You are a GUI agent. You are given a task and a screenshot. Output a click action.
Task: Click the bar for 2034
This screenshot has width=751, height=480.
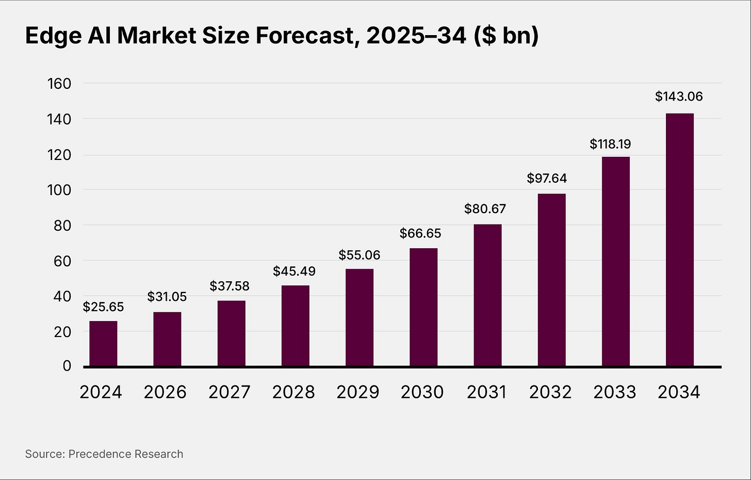click(679, 240)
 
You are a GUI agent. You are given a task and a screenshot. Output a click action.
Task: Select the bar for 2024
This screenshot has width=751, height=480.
click(103, 344)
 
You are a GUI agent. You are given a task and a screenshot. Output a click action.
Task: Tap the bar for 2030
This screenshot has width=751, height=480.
click(423, 308)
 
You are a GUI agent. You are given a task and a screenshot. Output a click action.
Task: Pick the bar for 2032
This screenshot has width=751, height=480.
click(551, 280)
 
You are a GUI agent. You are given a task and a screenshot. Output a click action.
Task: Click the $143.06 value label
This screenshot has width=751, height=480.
click(679, 97)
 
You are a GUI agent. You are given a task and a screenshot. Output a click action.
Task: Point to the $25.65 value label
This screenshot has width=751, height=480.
click(103, 307)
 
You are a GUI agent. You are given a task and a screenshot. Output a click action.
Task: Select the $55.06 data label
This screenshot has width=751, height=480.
click(359, 255)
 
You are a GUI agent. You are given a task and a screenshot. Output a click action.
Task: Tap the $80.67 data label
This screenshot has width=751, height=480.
click(485, 209)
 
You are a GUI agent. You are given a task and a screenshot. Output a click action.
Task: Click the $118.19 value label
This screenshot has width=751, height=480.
click(610, 144)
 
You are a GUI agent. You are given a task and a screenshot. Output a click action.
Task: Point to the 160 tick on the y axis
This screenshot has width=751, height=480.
click(59, 84)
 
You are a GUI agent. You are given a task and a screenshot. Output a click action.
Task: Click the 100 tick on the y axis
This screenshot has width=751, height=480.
click(59, 190)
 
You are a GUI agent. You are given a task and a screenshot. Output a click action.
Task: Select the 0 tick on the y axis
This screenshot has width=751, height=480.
click(67, 366)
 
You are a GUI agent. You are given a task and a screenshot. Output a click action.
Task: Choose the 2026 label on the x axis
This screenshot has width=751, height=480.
click(165, 392)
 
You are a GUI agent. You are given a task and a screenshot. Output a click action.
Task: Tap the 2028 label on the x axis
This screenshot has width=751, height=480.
click(293, 392)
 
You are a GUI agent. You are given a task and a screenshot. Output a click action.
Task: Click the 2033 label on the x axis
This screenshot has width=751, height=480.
click(615, 392)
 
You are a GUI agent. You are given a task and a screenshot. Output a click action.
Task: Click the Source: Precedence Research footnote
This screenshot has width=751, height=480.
click(104, 454)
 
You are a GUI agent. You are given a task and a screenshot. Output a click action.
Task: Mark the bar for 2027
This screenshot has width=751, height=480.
click(231, 333)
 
